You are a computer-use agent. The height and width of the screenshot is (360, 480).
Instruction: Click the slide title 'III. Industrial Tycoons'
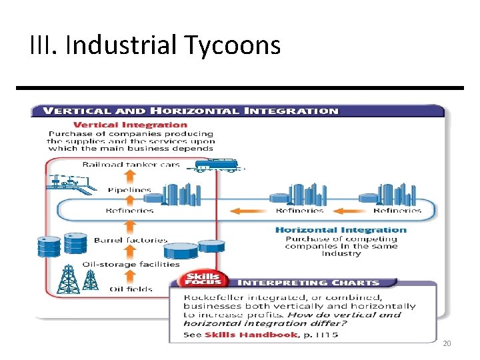click(155, 45)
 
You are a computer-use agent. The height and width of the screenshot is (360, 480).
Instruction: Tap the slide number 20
click(446, 343)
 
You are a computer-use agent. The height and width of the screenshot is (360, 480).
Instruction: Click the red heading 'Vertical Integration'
click(130, 125)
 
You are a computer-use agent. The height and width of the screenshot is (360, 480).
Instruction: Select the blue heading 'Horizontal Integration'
click(341, 230)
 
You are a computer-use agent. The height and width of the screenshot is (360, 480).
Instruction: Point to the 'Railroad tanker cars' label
click(131, 165)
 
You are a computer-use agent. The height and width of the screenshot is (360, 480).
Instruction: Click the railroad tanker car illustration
click(215, 165)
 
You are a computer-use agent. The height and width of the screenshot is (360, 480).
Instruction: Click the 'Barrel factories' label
click(131, 240)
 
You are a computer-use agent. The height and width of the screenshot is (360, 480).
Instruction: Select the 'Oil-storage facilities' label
click(131, 264)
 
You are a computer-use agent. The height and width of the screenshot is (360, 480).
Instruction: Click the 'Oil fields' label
click(131, 289)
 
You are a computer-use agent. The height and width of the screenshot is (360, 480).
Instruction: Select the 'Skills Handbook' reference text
click(251, 334)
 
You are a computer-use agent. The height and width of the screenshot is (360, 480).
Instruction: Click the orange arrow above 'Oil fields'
click(131, 276)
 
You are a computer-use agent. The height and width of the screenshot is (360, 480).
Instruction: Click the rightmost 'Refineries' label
click(397, 211)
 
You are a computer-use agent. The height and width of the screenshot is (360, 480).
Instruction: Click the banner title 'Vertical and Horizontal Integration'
click(191, 111)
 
